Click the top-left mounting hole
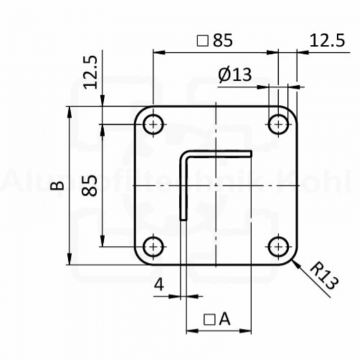point(154,125)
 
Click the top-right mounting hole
point(278,125)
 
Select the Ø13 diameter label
point(235,75)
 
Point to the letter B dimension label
point(57,185)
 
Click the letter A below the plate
point(224,319)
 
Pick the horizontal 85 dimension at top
point(222,40)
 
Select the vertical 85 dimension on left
point(90,185)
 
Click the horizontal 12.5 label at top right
point(328,40)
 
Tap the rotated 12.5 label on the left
point(90,73)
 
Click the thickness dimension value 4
point(159,285)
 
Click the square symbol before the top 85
point(202,41)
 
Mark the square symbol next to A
point(209,319)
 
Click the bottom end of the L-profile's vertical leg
point(184,220)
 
